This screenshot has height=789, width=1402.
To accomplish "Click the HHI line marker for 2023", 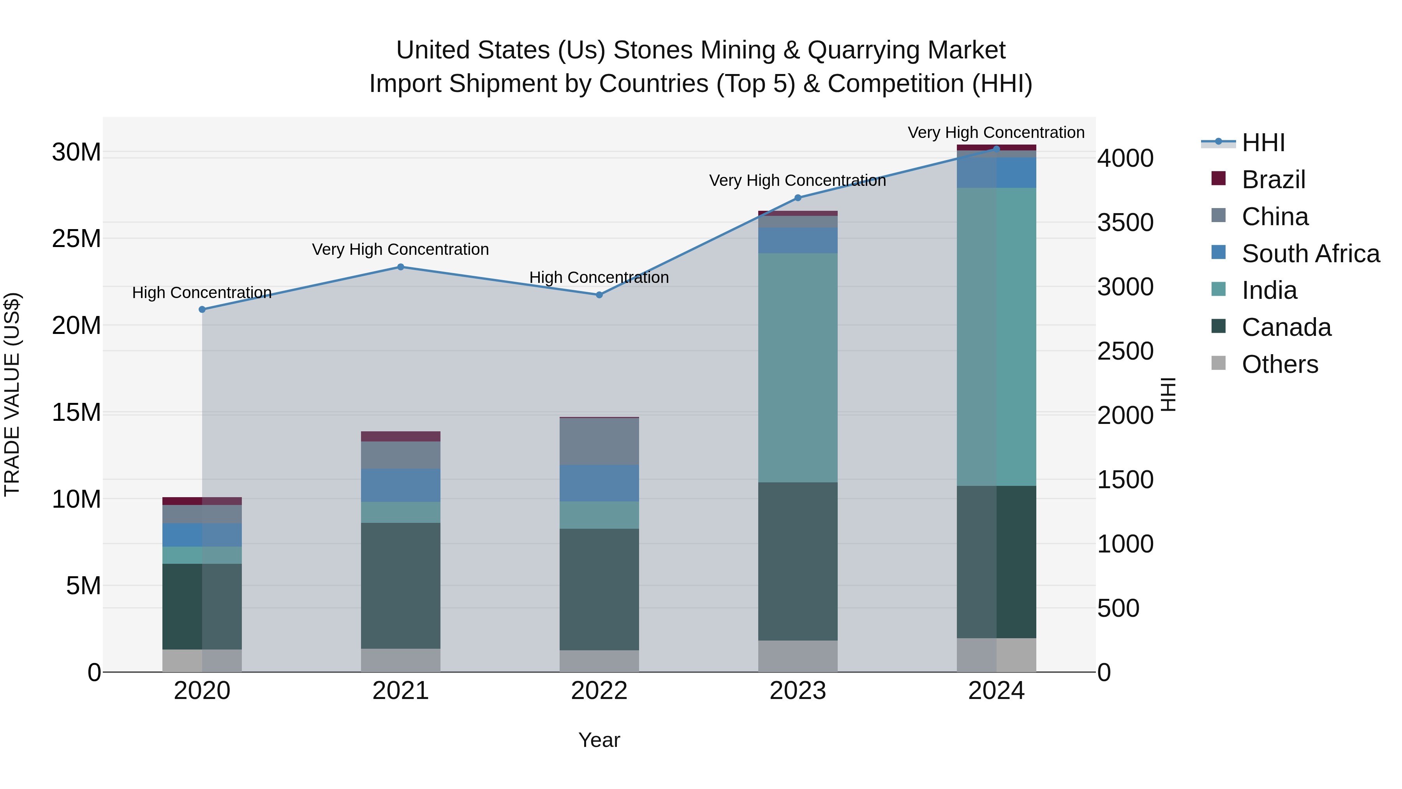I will tap(798, 198).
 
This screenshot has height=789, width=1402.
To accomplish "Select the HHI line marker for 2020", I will tap(202, 309).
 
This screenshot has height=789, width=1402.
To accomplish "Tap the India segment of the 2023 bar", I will tap(798, 367).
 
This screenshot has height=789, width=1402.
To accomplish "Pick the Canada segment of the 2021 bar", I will tap(401, 585).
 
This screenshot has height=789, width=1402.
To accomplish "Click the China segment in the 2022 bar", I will tap(599, 441).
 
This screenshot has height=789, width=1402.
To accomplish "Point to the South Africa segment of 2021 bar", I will tap(401, 485).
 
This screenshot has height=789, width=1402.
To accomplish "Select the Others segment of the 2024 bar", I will tap(997, 655).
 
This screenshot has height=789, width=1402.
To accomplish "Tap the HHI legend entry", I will tap(1263, 143).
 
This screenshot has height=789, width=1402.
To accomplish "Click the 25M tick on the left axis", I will tap(76, 238).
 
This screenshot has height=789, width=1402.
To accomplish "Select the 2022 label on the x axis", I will tap(599, 691).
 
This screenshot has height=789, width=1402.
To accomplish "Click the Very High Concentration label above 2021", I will tap(401, 249).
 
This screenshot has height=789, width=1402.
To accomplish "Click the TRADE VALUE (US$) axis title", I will tap(12, 394).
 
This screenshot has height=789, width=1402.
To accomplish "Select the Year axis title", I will tap(599, 740).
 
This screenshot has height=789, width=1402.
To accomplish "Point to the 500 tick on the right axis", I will tap(1118, 608).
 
